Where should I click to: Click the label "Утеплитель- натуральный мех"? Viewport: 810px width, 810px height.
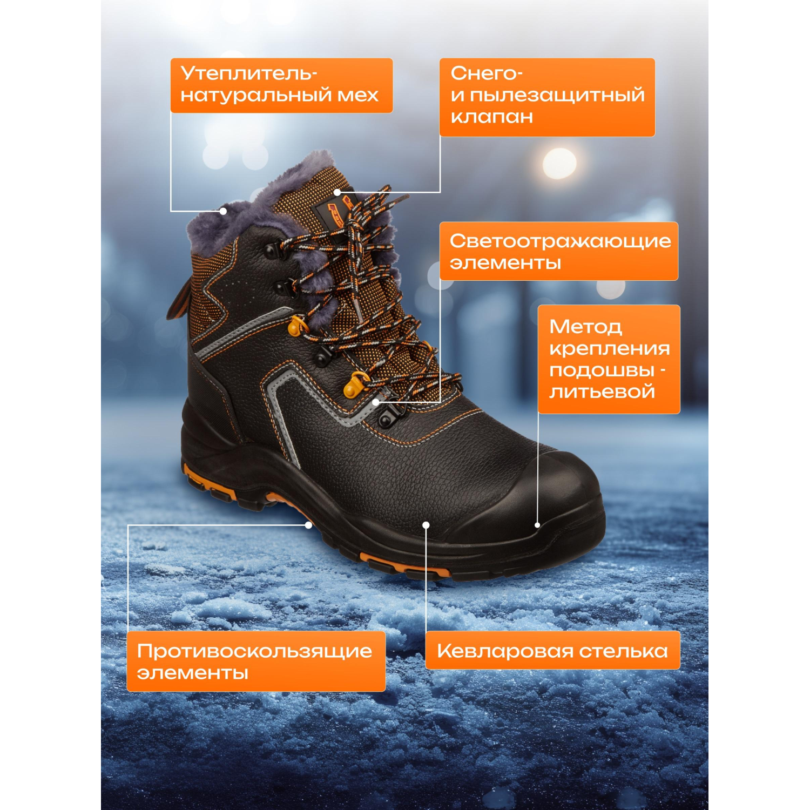coord(281,85)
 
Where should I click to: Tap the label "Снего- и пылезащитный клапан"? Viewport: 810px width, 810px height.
coord(547,97)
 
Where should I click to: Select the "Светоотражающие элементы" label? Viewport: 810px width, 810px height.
coord(559,251)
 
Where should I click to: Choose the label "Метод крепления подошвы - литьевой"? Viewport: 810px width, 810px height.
coord(609,359)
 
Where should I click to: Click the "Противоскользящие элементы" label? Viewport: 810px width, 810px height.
coord(256,661)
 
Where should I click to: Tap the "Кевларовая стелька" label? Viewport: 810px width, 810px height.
coord(552,650)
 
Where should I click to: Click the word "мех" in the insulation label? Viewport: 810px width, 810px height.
coord(358,96)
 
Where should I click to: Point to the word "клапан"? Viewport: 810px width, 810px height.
coord(491,117)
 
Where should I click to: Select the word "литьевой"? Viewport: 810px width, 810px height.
coord(602,391)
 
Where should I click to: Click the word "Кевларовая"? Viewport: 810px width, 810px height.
coord(505,651)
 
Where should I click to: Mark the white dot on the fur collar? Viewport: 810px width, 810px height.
coord(223,211)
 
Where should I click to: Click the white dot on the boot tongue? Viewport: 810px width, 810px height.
coord(337,192)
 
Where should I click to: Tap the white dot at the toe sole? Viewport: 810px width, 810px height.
coord(537,525)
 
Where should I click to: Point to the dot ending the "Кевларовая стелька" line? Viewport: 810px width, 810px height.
coord(426,525)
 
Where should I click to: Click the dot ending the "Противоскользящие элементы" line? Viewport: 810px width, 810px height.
coord(308,525)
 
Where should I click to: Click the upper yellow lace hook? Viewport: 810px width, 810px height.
coord(297,326)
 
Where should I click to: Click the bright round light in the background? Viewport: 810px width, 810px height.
coord(559,163)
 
